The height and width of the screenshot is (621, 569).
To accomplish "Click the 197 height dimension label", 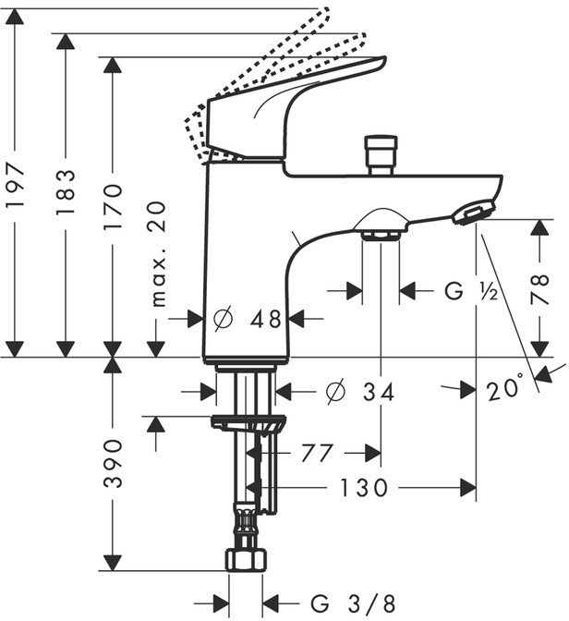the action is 16,186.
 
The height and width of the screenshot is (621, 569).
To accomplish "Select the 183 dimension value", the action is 66,192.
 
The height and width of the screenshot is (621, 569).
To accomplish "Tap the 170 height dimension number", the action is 113,207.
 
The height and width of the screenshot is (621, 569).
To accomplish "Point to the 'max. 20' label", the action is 158,254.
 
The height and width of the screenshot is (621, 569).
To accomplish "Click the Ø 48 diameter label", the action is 248,319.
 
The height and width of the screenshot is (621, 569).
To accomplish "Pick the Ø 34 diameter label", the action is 360,392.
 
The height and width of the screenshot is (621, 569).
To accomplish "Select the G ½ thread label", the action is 471,291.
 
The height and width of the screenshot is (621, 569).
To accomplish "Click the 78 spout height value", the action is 539,289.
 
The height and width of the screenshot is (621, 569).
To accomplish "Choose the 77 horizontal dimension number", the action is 317,453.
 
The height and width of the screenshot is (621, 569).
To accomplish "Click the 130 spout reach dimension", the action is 364,488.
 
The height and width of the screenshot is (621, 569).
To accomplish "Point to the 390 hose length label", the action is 113,463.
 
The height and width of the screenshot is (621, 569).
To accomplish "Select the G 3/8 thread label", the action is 353,604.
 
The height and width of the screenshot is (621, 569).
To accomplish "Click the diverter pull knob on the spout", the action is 381,155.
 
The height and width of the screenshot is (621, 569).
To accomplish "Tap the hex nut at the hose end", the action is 246,560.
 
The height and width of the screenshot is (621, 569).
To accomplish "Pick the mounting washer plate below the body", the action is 248,423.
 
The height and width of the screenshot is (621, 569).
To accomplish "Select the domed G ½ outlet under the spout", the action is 381,225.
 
